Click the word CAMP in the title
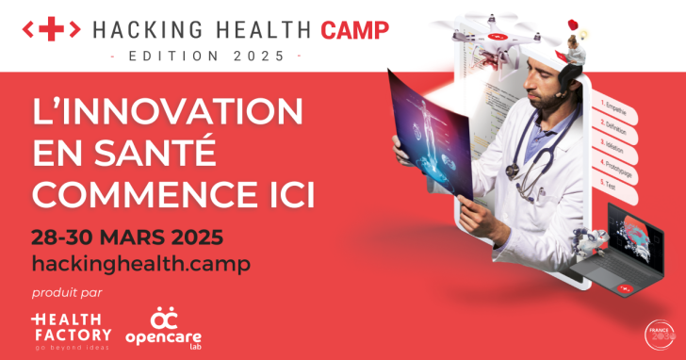point(354,30)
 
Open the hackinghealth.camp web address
point(141,263)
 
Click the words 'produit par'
point(66,292)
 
